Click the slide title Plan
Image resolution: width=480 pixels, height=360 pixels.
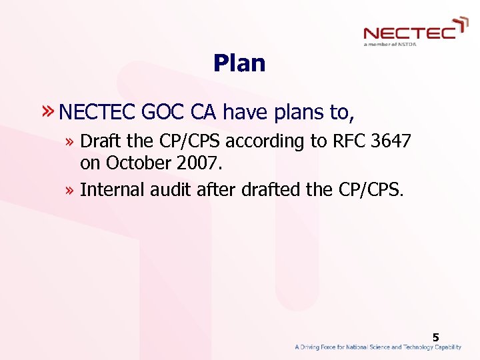point(239,63)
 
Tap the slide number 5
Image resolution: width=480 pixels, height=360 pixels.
point(435,338)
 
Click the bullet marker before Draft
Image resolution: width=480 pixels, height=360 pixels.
point(71,142)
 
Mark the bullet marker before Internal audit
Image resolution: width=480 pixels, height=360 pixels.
point(71,190)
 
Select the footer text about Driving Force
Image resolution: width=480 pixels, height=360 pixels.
point(377,347)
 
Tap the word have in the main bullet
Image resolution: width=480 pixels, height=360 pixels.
point(243,113)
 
